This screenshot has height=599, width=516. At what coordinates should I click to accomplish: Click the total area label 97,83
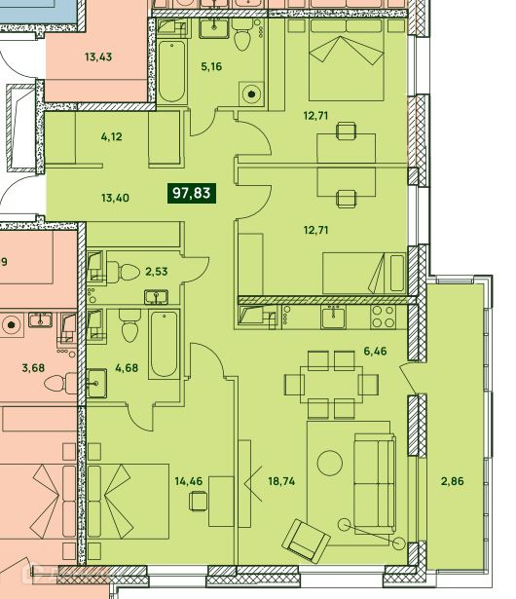[x=192, y=193]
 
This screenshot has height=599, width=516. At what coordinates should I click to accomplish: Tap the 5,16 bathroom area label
[x=211, y=66]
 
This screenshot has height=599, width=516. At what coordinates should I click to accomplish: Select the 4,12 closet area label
[x=112, y=136]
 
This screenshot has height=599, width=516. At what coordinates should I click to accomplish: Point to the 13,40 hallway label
[x=115, y=198]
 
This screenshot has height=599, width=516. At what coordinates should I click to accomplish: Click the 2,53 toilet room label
[x=156, y=272]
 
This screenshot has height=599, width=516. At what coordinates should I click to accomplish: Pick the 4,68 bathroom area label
[x=127, y=368]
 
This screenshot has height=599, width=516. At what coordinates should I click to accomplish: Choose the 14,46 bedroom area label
[x=189, y=481]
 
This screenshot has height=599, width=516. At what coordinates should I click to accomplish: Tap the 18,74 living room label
[x=281, y=481]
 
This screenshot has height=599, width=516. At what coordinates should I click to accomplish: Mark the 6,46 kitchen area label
[x=375, y=351]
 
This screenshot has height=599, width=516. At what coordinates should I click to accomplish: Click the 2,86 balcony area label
[x=453, y=481]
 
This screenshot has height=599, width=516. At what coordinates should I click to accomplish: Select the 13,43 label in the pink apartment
[x=98, y=56]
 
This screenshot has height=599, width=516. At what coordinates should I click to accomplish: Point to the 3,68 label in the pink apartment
[x=33, y=368]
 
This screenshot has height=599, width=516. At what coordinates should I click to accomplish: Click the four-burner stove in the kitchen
[x=383, y=317]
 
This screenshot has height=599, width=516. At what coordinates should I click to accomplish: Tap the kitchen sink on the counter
[x=333, y=318]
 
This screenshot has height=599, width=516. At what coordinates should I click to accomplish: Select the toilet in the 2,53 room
[x=123, y=273]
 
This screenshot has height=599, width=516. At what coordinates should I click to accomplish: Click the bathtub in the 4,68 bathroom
[x=164, y=344]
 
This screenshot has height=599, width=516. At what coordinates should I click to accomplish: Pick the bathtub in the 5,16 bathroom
[x=172, y=71]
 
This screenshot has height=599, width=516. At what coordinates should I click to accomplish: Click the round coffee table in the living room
[x=330, y=463]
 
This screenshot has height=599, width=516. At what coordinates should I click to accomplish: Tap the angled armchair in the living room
[x=307, y=541]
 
